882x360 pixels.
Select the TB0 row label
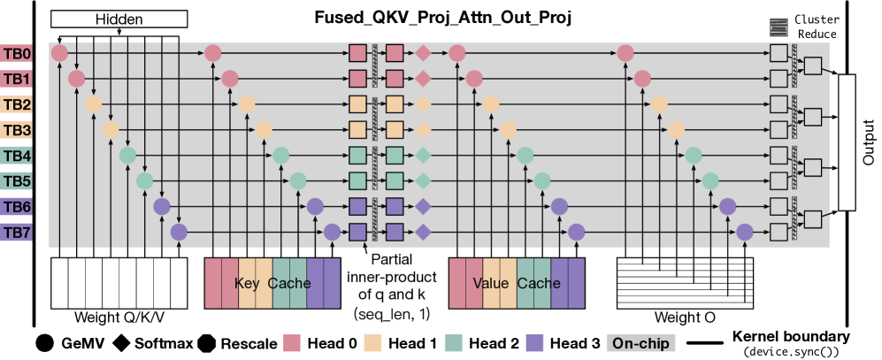coord(17,54)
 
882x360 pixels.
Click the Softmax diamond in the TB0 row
coord(423,54)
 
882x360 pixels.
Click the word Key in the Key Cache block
coord(247,283)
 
